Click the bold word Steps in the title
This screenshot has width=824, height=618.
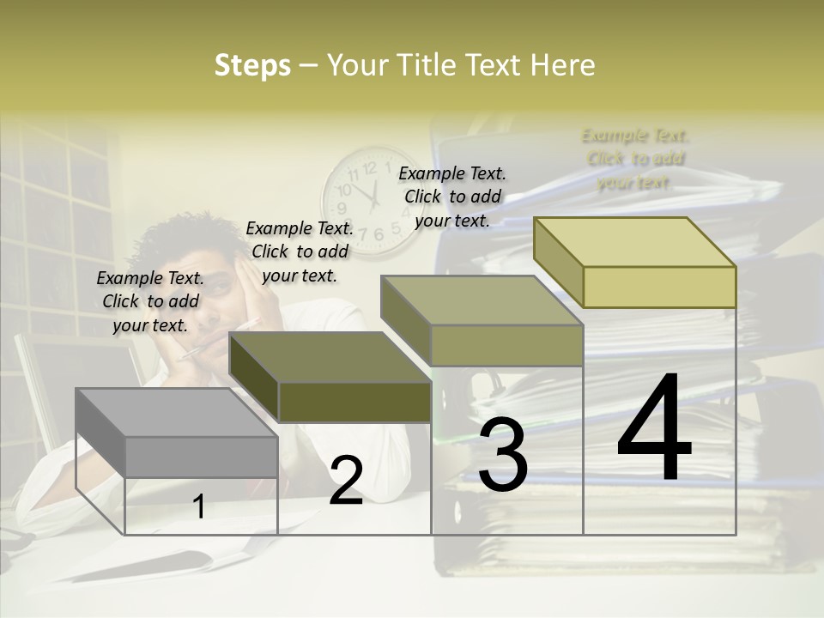pyautogui.click(x=252, y=65)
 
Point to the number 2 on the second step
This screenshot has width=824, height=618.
pyautogui.click(x=346, y=482)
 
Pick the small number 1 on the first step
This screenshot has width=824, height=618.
pyautogui.click(x=199, y=506)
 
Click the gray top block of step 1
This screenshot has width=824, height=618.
pyautogui.click(x=176, y=433)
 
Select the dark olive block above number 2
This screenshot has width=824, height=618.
pyautogui.click(x=330, y=378)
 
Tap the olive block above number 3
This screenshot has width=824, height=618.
pyautogui.click(x=482, y=321)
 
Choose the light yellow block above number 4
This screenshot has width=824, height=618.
pyautogui.click(x=635, y=262)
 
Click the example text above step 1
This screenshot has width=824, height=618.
pyautogui.click(x=150, y=301)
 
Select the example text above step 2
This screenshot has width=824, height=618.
pyautogui.click(x=300, y=251)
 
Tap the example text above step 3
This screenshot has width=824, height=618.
pyautogui.click(x=452, y=197)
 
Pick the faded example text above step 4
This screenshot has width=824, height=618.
pyautogui.click(x=635, y=159)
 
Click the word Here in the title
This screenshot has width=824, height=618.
pyautogui.click(x=563, y=65)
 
